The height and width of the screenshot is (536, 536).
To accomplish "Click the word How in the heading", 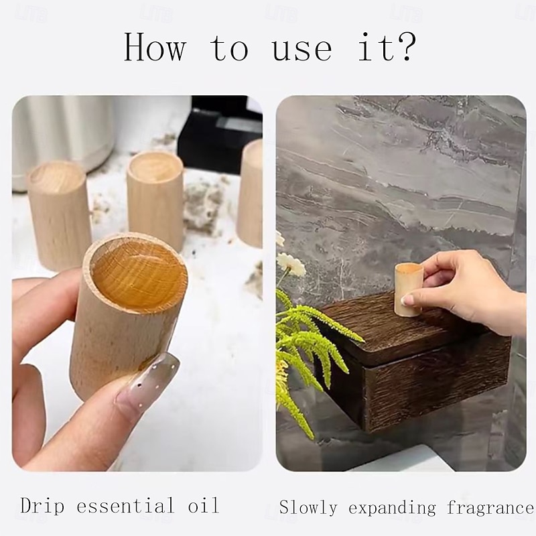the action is point(155,47).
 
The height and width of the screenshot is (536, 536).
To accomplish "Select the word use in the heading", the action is point(301,50).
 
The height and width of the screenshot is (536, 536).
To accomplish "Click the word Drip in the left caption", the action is point(42,506).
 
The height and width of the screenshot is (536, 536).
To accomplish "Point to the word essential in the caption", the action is point(125,506).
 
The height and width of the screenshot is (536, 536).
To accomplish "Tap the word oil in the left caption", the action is point(203,506).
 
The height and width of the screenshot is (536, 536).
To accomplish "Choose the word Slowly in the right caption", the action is point(308,508).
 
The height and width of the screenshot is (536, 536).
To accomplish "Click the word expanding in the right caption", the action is point(392,509).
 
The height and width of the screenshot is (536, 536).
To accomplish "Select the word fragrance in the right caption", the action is point(490,508).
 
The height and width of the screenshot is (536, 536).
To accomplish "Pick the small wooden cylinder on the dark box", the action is point(409,289).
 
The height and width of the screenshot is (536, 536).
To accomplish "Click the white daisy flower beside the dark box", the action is point(291,264).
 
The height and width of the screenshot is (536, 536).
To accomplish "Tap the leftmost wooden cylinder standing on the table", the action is point(59,214).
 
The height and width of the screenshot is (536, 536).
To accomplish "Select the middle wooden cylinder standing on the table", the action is point(156,200).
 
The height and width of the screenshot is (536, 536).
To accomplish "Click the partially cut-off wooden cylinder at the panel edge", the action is point(250,193).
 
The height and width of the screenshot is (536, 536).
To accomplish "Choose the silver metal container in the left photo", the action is point(63,137).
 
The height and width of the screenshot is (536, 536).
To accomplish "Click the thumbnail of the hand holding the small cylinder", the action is point(407,299).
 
